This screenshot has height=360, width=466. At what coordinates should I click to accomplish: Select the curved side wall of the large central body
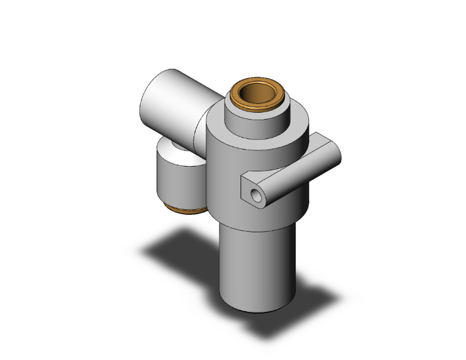225,182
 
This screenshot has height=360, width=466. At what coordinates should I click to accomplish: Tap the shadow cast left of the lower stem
182,250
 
